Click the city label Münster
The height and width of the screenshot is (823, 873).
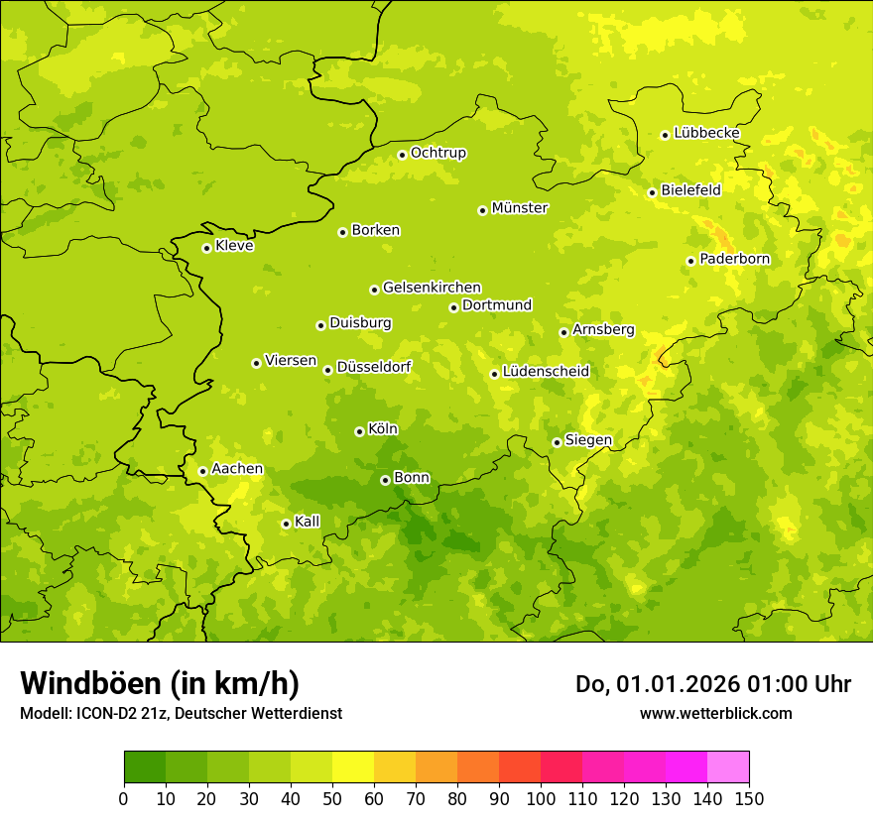coord(520,208)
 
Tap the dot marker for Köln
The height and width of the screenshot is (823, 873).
coord(359,431)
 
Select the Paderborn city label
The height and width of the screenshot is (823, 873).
coord(734,259)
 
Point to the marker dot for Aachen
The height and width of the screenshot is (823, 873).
coord(202,471)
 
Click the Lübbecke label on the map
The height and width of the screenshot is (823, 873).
coord(706,133)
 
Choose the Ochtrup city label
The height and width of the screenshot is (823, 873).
coord(437,153)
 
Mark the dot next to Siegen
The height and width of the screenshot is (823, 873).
coord(557,442)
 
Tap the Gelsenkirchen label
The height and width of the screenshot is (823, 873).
coord(432,288)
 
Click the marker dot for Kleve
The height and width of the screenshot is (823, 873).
coord(206,248)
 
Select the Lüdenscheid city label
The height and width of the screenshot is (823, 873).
coord(546,372)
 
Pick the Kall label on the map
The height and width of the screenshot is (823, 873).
coord(308,522)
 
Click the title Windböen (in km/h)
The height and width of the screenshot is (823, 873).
coord(160,683)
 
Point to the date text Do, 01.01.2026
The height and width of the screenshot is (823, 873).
coord(658,684)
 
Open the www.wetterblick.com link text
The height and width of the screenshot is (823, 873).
coord(715,713)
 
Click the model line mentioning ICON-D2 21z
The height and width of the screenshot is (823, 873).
coord(181,713)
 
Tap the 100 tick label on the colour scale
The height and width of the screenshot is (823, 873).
coord(540,799)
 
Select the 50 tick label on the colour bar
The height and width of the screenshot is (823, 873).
coord(331,799)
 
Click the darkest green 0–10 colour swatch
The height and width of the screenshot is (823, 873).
coord(144,767)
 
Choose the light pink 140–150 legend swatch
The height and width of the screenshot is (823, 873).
coord(727,767)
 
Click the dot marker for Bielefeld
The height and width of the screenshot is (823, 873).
coord(652,192)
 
